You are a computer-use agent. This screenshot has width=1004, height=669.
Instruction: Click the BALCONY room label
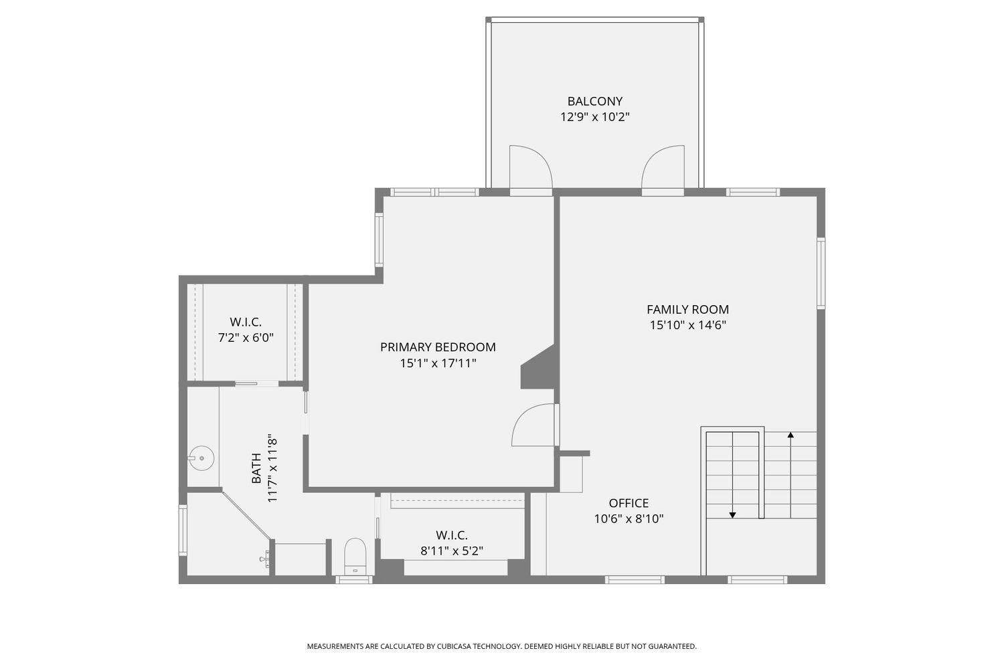(594, 101)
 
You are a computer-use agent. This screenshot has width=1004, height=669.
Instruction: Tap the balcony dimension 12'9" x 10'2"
(594, 117)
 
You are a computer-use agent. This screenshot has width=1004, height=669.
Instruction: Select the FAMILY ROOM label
(687, 309)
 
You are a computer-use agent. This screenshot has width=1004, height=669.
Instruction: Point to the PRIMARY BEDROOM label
(438, 347)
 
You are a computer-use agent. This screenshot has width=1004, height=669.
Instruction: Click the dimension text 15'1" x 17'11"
(438, 363)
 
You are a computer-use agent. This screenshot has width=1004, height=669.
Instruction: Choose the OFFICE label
(629, 503)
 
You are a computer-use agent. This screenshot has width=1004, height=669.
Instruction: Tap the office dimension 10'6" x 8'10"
(629, 519)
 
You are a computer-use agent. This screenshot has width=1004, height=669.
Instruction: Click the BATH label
(256, 468)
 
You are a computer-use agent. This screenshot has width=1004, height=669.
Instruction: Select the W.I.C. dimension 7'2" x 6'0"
(246, 338)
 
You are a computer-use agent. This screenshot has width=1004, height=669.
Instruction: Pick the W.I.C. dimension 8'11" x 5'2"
(452, 551)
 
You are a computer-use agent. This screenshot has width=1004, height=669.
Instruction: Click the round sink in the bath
(201, 459)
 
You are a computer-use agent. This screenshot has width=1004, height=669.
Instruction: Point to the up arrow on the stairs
(790, 436)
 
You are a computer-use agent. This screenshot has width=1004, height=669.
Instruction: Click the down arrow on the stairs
(733, 514)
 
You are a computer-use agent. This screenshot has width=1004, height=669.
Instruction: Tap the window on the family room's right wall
(821, 272)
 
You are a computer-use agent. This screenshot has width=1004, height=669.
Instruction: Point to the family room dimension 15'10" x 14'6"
(687, 325)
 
